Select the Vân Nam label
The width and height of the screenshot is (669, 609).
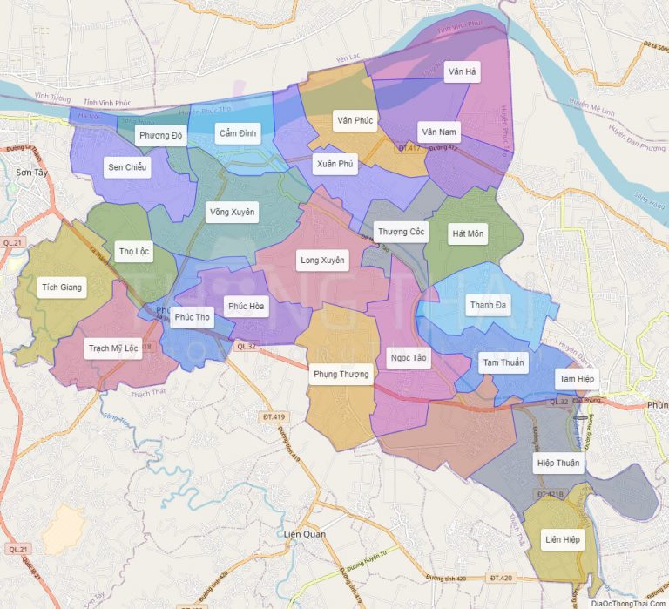438,132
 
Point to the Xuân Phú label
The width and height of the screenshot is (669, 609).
335,164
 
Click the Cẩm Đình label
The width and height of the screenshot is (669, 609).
237,133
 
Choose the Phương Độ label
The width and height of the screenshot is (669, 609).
160,135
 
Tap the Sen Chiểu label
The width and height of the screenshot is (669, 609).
127,166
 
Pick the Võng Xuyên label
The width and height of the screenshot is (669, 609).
232,212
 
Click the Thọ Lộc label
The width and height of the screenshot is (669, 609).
134,252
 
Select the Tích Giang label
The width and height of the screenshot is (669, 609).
62,287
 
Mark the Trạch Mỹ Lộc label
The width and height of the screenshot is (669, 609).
112,348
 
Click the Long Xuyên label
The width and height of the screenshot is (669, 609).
322,260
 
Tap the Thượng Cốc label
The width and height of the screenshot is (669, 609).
400,231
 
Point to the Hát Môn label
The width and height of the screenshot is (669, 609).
469,233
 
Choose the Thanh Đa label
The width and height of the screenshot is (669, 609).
488,305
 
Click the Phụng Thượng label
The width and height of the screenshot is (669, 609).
341,375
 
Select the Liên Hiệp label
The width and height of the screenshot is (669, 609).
562,540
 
